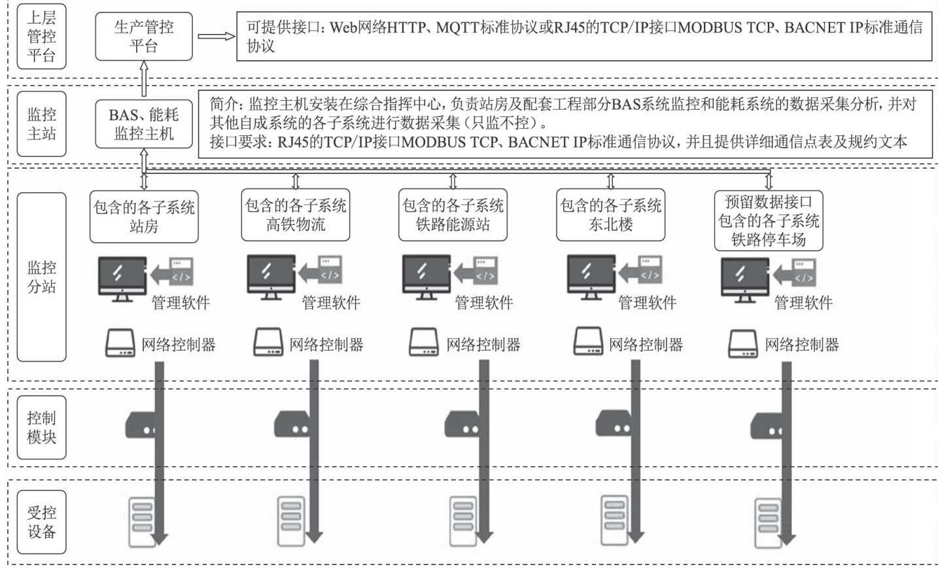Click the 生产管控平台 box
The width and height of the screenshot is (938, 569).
[144, 37]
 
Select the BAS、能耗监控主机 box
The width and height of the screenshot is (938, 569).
[144, 124]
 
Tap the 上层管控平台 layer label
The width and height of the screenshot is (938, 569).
[41, 37]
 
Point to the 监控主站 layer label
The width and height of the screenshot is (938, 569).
[41, 124]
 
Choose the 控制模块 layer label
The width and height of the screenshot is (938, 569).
[41, 428]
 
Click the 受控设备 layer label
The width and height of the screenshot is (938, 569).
[41, 522]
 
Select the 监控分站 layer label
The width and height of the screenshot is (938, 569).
[41, 277]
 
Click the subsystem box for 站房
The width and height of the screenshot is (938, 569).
[144, 217]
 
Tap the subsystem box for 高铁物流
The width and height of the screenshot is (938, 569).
[296, 215]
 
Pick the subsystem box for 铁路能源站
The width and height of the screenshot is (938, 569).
[453, 215]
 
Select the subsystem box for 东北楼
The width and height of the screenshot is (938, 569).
[610, 215]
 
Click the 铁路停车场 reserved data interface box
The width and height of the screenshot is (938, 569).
[769, 220]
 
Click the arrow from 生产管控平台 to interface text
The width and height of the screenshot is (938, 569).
[216, 37]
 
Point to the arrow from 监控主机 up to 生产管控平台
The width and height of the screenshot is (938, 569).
[144, 79]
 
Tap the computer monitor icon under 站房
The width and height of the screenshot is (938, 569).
[122, 279]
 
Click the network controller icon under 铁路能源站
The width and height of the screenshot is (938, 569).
[424, 342]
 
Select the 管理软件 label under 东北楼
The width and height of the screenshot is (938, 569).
[647, 302]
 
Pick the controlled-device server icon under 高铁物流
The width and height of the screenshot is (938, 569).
[291, 521]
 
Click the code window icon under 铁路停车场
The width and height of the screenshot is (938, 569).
[804, 273]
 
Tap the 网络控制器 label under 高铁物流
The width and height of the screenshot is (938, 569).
[326, 345]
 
